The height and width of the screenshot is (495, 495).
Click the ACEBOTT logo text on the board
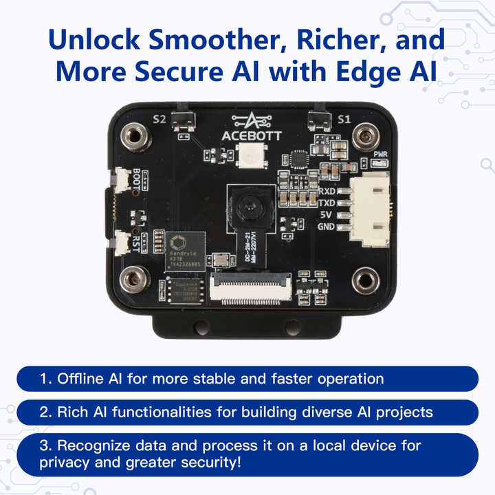click(248, 136)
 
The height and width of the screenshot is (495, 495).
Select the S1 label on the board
click(344, 119)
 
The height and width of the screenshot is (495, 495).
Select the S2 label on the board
click(159, 119)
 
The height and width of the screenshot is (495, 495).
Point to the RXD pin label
click(327, 190)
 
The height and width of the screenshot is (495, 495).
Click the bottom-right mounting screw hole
click(364, 280)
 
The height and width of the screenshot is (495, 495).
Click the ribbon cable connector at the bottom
click(250, 290)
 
